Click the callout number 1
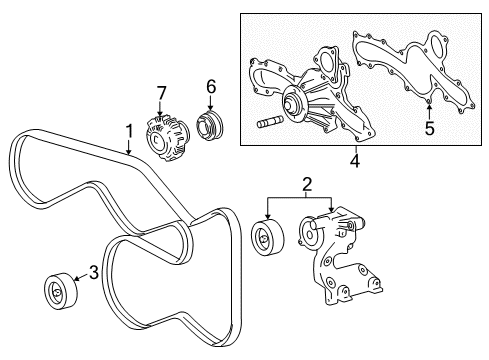point(128,130)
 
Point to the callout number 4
point(355,158)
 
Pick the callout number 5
point(429,127)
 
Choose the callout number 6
point(211,87)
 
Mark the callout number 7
point(161,93)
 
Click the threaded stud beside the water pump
point(274,123)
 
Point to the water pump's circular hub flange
point(294,99)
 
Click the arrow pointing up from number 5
point(428,109)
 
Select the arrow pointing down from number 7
point(161,109)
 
